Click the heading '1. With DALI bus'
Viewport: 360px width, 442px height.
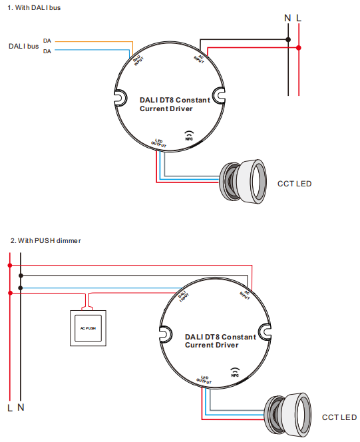tap(34, 7)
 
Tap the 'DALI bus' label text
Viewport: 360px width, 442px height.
tap(23, 46)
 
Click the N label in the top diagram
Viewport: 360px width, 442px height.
tap(287, 17)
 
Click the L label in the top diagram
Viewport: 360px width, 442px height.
tap(299, 17)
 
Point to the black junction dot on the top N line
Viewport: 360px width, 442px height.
tap(288, 40)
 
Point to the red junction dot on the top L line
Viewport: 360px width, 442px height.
tap(299, 48)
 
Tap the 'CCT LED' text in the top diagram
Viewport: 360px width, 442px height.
tap(294, 184)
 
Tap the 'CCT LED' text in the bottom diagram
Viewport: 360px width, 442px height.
tap(339, 417)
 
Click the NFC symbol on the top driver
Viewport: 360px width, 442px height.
tap(189, 136)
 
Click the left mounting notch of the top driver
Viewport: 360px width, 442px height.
tap(120, 98)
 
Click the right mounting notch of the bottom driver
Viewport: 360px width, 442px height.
tap(264, 331)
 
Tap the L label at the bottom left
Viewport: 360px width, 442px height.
tap(10, 406)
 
